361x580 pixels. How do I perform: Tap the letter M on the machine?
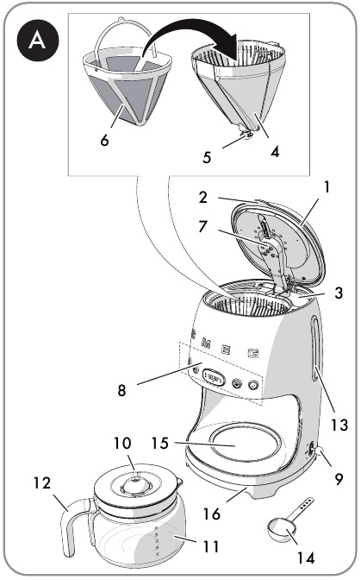(205, 344)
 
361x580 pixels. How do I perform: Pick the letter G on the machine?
(253, 352)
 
